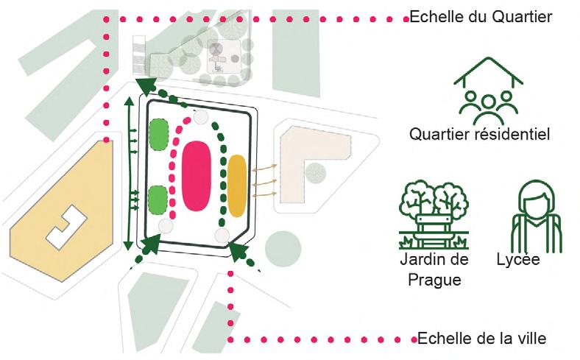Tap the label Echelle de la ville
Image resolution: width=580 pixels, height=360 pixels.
coord(481,339)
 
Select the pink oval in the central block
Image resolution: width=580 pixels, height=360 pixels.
coord(197,177)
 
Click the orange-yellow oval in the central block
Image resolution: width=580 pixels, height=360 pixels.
coord(237,186)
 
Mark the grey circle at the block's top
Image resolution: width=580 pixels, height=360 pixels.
coord(201,116)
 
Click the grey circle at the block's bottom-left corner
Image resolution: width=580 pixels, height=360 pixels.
coord(166,227)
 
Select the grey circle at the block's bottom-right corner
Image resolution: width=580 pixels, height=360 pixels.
coord(222,236)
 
